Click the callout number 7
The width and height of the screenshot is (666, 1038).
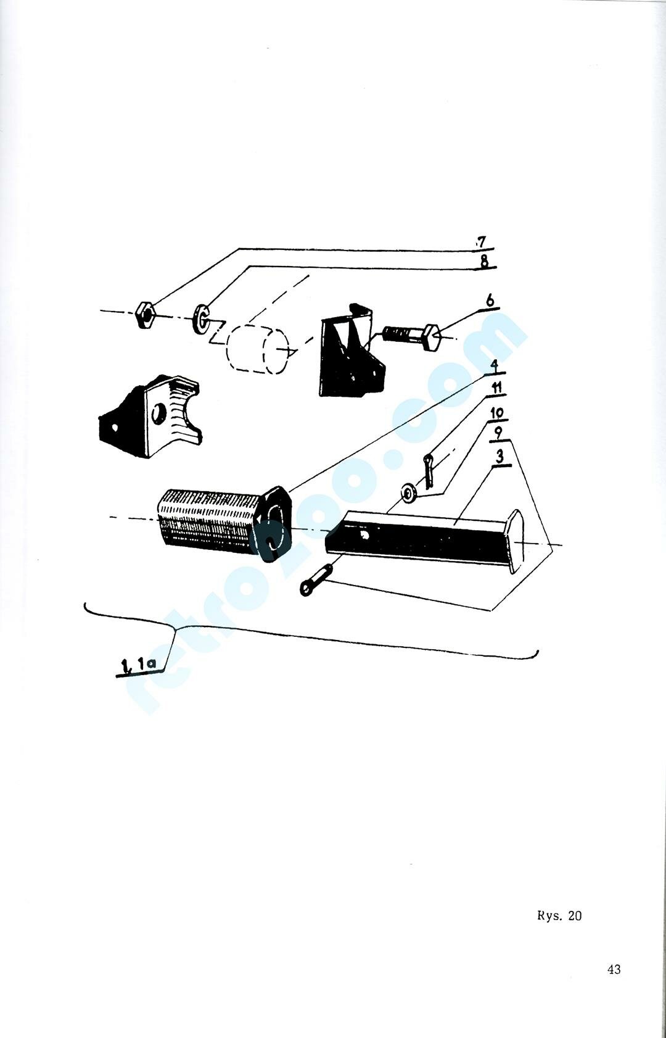482,243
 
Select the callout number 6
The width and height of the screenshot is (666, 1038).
490,301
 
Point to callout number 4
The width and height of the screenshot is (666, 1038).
495,366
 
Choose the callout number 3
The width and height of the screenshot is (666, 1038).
499,457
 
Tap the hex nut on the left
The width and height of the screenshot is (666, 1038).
146,315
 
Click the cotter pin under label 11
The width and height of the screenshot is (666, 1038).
429,470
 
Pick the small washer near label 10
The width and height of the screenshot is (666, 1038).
408,494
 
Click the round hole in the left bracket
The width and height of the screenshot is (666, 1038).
159,412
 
